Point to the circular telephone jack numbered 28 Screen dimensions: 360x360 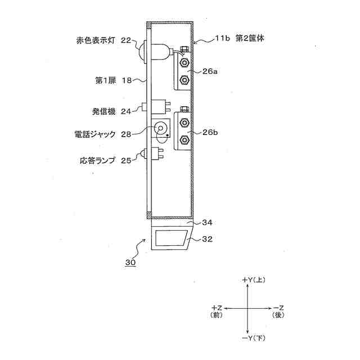tap(161, 129)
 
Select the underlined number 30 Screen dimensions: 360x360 tap(131, 262)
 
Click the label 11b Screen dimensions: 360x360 tap(223, 39)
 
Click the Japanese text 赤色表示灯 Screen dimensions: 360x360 tap(97, 40)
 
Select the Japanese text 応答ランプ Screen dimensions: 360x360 tap(97, 161)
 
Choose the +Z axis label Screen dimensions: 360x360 tap(217, 308)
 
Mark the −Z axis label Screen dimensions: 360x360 tap(279, 308)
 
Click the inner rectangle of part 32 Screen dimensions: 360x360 tap(169, 239)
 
